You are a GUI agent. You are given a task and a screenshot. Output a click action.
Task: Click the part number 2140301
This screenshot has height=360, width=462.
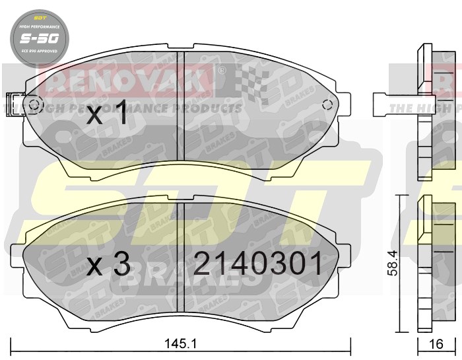coord(258,264)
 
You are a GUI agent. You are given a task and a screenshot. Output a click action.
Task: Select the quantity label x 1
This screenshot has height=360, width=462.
coord(108,115)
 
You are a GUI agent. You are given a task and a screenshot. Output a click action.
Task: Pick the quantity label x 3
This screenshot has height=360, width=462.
coord(109,265)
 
